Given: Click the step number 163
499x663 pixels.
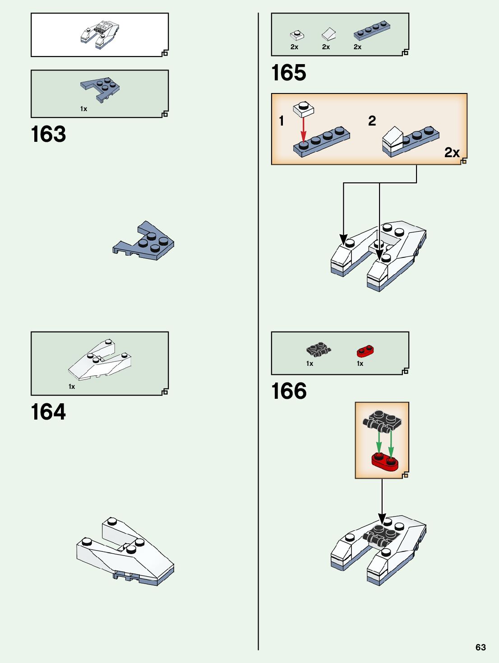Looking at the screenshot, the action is tap(48, 134).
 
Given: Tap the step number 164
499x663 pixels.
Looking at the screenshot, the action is tap(48, 412).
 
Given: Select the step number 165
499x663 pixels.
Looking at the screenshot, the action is tap(289, 73).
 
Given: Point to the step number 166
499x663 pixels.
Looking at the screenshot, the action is tap(289, 391).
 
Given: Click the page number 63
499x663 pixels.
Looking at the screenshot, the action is tap(481, 647).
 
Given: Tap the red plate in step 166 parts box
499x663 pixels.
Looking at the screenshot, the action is tap(365, 351).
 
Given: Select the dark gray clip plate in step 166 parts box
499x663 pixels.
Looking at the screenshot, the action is tap(319, 349).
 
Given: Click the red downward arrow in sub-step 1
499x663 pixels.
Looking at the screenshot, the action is tap(303, 129).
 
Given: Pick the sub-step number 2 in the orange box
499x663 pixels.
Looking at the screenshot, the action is tap(372, 121).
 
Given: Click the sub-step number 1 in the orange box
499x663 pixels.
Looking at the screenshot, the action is tap(282, 121).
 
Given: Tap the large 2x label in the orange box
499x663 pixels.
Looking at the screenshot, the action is tap(452, 152).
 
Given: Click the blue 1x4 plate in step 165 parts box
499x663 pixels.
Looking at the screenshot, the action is tap(371, 30).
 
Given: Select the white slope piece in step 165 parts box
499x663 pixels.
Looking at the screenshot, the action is tap(328, 34).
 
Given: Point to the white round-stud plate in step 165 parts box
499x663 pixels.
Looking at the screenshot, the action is tap(296, 35).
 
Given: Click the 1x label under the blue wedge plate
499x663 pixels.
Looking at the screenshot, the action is tap(83, 109).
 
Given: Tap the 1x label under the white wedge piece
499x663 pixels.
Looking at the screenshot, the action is tap(72, 387).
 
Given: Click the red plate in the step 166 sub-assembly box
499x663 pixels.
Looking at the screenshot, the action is tap(385, 461).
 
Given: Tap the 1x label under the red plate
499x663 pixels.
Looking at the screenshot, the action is tap(360, 364).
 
